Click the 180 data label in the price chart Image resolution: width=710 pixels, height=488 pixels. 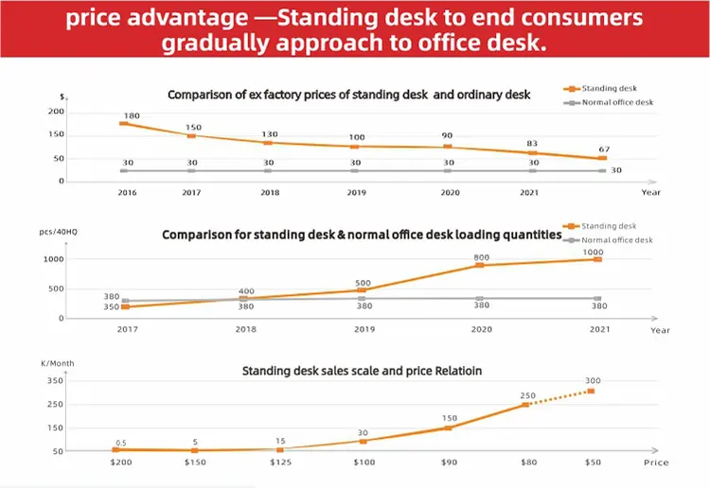132,115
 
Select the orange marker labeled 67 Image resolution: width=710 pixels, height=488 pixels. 602,158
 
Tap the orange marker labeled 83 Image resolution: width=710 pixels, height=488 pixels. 532,153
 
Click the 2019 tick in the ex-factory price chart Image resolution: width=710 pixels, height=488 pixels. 356,192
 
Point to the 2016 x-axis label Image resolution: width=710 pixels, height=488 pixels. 127,192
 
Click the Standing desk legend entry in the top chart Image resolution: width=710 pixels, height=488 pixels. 600,88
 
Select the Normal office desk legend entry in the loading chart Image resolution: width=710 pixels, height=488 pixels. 608,240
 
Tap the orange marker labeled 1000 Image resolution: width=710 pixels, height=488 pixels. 597,259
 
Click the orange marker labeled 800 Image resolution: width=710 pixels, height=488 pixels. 480,265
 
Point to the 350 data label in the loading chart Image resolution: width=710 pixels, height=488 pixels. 112,306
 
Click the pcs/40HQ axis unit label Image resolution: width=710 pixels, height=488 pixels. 59,232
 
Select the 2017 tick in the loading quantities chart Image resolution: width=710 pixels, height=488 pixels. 127,329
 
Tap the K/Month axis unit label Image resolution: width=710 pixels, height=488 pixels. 58,363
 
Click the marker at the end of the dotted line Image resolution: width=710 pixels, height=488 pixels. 591,391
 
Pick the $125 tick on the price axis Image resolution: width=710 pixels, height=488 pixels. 281,462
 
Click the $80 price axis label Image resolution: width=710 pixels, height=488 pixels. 529,462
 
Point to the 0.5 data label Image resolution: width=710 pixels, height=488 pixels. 121,443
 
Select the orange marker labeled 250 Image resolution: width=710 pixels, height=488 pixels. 525,405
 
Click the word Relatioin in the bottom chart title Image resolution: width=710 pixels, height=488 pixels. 458,371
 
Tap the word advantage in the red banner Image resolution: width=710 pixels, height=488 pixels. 187,18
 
